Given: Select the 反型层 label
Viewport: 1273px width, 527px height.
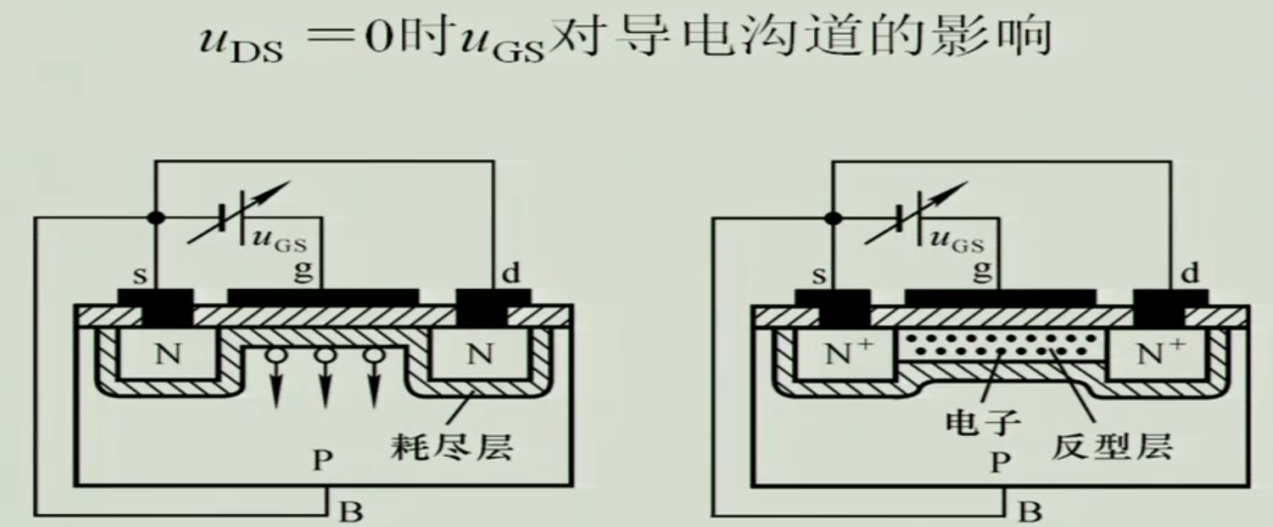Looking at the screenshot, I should tap(1111, 446).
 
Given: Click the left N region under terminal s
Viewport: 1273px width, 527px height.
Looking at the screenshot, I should tap(168, 353).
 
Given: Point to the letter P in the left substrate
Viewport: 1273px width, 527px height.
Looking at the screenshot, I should tap(322, 460).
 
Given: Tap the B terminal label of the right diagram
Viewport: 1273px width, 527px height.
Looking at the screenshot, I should tap(1030, 512).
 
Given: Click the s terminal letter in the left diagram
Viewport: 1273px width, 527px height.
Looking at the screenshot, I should tap(140, 276).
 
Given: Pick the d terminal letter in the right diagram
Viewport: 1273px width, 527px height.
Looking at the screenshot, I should tap(1190, 274).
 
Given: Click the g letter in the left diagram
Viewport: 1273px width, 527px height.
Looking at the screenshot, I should tap(303, 270).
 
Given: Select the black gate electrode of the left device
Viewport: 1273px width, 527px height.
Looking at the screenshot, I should tap(323, 297).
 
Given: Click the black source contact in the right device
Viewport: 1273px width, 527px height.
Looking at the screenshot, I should tap(833, 306).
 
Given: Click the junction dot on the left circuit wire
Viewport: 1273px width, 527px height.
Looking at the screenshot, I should tap(156, 218).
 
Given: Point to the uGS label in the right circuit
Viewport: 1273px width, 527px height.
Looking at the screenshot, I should tap(957, 240).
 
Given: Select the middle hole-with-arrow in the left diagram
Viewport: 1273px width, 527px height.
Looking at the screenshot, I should tap(324, 376).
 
